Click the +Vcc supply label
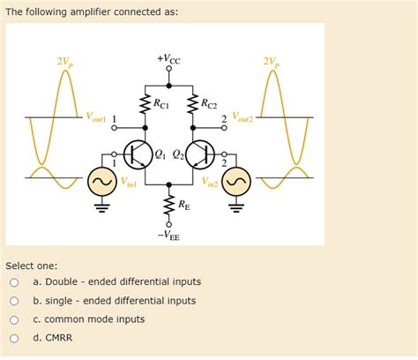168,59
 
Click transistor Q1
136,154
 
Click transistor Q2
199,154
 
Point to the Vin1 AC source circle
100,184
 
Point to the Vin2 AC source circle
236,184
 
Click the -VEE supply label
168,236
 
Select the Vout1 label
95,117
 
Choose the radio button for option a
14,282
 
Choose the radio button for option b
14,301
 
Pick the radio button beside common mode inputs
14,319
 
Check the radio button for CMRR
14,338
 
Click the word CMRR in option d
59,338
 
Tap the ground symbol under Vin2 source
236,209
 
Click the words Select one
32,265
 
